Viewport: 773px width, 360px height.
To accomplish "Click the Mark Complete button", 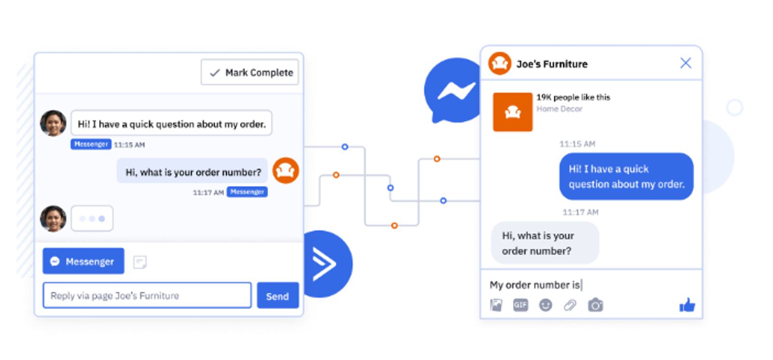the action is click(x=250, y=72).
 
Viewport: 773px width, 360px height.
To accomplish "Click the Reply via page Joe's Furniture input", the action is click(x=147, y=295).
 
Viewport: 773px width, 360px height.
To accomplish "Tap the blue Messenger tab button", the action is click(x=84, y=261).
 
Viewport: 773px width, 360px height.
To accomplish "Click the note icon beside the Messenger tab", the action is click(x=140, y=262).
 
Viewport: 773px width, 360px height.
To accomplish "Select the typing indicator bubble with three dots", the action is click(x=92, y=218).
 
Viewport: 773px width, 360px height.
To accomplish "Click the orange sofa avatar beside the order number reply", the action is click(x=286, y=171).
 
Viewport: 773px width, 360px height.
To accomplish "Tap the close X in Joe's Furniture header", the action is click(x=686, y=63).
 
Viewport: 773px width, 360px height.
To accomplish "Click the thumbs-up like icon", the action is click(x=687, y=305).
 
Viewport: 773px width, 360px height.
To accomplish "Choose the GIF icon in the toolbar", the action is click(x=520, y=305).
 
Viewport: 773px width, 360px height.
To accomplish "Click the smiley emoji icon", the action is click(x=545, y=305).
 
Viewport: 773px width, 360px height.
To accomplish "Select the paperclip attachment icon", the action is click(x=570, y=305).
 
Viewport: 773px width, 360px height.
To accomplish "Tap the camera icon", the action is click(x=596, y=305).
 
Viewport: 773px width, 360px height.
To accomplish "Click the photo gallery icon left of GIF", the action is click(x=496, y=305).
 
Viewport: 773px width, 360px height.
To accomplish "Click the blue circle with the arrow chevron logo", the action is click(x=328, y=264).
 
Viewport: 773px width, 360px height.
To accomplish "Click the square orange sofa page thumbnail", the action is click(x=513, y=112).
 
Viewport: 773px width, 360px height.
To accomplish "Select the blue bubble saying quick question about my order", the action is click(x=626, y=176).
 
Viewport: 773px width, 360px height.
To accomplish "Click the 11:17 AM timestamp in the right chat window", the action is click(x=580, y=212).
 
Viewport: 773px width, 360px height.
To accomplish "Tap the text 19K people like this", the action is click(x=573, y=97).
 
